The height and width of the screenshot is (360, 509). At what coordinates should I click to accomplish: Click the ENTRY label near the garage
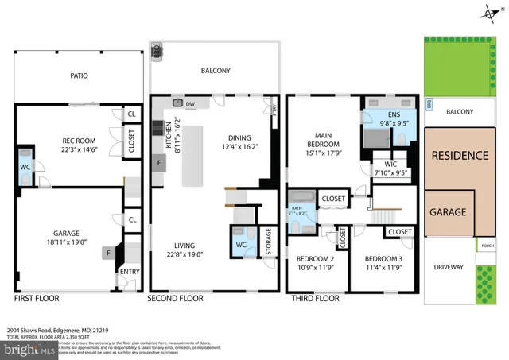point(129,272)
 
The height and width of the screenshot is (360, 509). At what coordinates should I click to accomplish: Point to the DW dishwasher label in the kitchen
point(190,104)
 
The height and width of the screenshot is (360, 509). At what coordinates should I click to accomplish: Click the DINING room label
point(239,136)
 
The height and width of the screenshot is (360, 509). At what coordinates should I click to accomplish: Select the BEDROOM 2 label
point(315,259)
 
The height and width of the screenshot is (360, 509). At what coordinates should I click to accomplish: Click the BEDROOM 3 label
point(384,259)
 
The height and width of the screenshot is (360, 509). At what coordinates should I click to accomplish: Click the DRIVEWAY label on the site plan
point(449,267)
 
